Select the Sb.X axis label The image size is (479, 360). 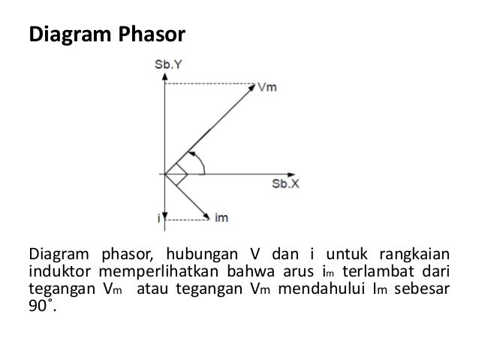[285, 183]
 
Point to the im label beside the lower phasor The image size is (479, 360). [221, 218]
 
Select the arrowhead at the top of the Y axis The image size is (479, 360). [164, 77]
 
